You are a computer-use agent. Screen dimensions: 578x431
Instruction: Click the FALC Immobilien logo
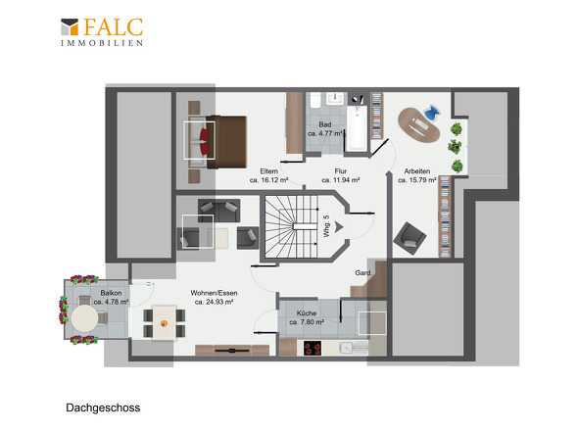102,32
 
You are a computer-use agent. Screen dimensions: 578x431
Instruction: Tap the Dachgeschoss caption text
103,407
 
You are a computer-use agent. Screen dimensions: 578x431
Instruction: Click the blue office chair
432,112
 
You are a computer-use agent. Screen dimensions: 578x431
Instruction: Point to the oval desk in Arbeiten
419,125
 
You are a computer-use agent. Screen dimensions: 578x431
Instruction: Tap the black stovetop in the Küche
313,348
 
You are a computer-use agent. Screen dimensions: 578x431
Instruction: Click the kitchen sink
348,348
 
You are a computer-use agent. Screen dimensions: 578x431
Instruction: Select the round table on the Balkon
84,318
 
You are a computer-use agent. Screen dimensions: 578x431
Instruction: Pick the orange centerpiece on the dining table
164,323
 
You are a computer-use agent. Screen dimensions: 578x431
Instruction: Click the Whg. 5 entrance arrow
339,226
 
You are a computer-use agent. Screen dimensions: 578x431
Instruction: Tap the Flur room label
341,171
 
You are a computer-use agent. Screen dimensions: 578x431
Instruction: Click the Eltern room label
268,171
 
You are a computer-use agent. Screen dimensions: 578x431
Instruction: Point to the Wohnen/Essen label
214,293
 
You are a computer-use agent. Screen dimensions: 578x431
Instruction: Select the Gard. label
363,273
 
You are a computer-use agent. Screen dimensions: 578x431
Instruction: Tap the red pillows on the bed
205,141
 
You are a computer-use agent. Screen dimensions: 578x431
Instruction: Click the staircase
291,226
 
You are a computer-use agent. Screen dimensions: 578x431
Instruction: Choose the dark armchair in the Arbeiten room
409,239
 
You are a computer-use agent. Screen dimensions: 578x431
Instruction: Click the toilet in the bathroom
315,100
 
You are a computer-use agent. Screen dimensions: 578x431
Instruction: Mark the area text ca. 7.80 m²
307,322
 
